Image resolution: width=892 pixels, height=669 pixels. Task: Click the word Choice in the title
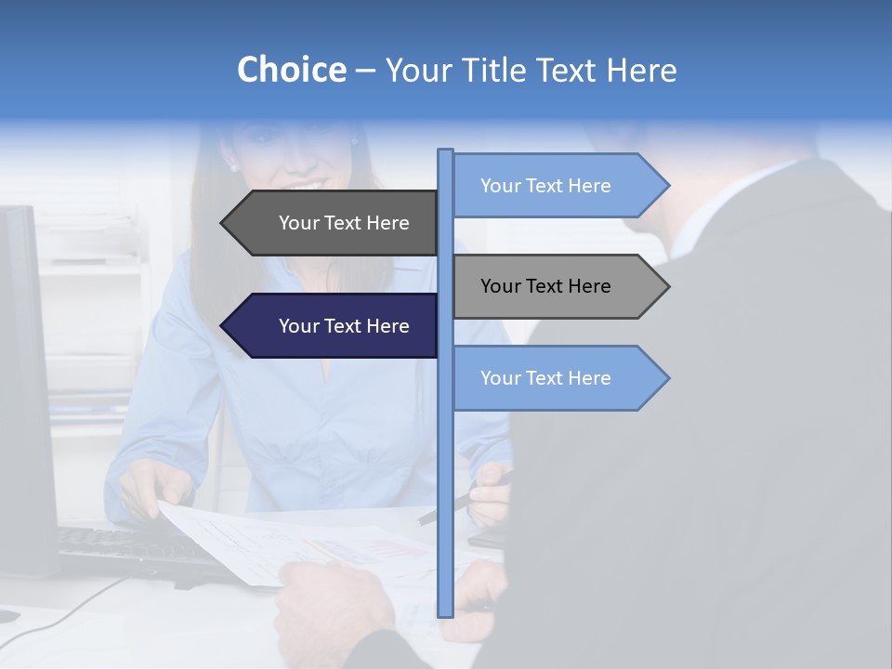291,70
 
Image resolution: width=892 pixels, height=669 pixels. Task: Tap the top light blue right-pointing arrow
557,186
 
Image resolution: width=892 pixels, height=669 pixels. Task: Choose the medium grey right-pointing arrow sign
557,286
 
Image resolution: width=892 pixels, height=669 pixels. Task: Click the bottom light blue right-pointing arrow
557,378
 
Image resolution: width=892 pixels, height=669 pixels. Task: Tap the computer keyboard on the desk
121,548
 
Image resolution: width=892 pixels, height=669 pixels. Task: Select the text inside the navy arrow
344,326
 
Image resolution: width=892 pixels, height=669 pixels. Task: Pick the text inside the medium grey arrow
545,286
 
